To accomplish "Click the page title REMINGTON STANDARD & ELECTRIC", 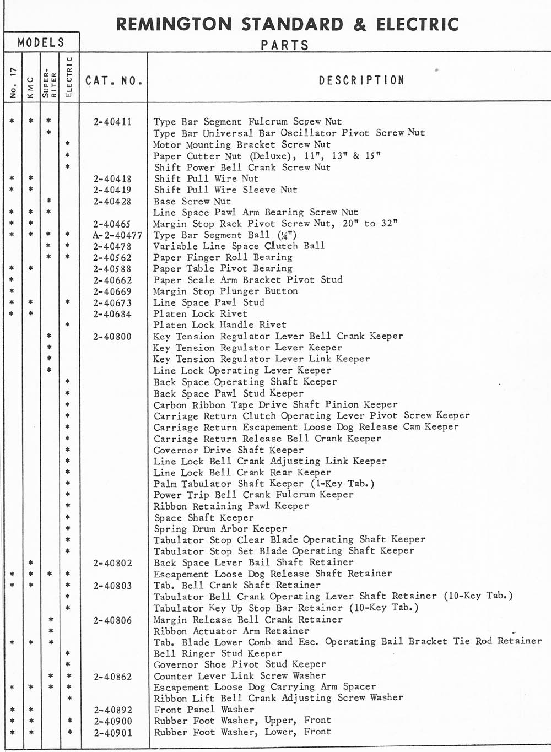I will (x=287, y=24).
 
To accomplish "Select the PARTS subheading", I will (x=285, y=45).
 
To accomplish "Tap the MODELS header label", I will (x=41, y=42).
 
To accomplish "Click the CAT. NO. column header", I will (x=114, y=81).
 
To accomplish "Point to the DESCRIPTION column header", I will (x=361, y=80).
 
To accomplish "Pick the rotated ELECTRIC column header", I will (x=69, y=77).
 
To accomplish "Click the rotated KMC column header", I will (x=31, y=87).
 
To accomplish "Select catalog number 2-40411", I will (x=112, y=122).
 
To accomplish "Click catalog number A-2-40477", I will (x=117, y=235).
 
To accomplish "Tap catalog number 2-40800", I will (x=112, y=336).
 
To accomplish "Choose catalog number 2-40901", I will (x=112, y=733).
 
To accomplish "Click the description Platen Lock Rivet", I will (x=200, y=313).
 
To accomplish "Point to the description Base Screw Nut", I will (x=192, y=201).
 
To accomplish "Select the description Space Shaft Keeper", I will (x=203, y=517).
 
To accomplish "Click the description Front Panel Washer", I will (x=204, y=710).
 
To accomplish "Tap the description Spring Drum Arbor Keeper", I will (x=220, y=528).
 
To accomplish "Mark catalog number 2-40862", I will (x=112, y=677).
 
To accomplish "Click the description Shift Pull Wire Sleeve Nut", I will (x=225, y=190).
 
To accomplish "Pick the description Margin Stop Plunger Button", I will (x=225, y=291).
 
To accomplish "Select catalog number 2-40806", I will (x=112, y=620).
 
